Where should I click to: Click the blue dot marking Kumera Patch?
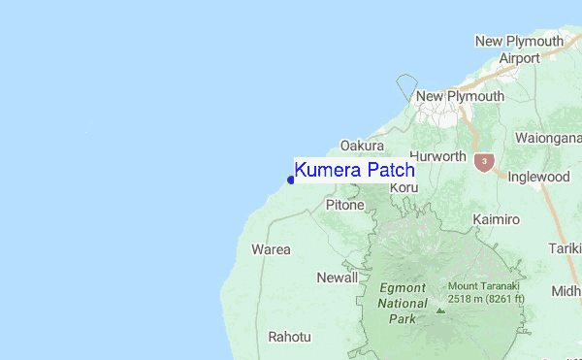click(x=291, y=180)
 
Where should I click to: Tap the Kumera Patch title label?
click(x=354, y=170)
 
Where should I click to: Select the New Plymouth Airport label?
click(x=519, y=49)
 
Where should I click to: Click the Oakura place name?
click(x=362, y=146)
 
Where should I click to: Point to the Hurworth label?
click(x=437, y=156)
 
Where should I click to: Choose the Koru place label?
click(x=404, y=186)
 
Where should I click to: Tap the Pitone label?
click(x=344, y=205)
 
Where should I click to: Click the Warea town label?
click(x=271, y=249)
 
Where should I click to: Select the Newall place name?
click(x=338, y=278)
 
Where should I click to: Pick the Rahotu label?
click(x=290, y=337)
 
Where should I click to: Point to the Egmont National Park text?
click(x=396, y=303)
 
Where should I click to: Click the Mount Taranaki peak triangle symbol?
click(x=440, y=311)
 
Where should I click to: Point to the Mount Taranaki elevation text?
click(x=485, y=292)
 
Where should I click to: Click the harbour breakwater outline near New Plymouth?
click(x=406, y=86)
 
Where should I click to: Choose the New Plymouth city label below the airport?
click(x=460, y=96)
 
